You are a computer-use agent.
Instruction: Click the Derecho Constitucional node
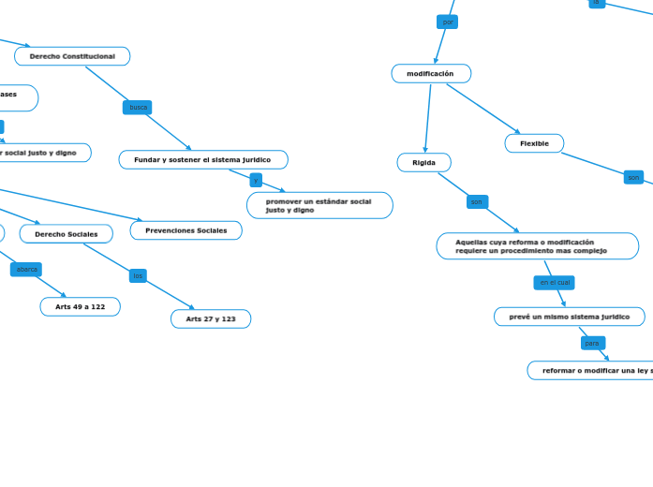(72, 56)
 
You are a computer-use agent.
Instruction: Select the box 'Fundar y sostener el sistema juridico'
(202, 160)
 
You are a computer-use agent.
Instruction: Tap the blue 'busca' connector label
(138, 108)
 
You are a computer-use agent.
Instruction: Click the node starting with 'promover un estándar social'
(319, 205)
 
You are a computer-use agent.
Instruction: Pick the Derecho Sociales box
(67, 234)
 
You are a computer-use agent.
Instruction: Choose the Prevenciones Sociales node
(186, 230)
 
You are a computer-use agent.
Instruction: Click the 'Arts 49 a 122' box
(80, 307)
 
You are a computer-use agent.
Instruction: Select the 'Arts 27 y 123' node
(211, 319)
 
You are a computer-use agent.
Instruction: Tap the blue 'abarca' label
(26, 270)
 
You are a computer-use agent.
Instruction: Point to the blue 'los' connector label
(138, 276)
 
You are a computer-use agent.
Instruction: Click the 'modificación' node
(431, 74)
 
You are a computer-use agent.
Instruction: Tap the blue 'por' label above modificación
(448, 22)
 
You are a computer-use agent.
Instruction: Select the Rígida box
(423, 163)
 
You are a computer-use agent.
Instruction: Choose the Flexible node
(534, 143)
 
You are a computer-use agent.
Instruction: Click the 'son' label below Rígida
(477, 202)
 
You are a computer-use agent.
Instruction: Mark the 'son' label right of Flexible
(633, 178)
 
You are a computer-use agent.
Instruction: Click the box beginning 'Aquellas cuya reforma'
(537, 246)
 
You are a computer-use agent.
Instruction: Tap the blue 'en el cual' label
(555, 283)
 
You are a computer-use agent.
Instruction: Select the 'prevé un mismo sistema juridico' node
(569, 317)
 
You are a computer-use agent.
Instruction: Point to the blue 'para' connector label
(592, 344)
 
